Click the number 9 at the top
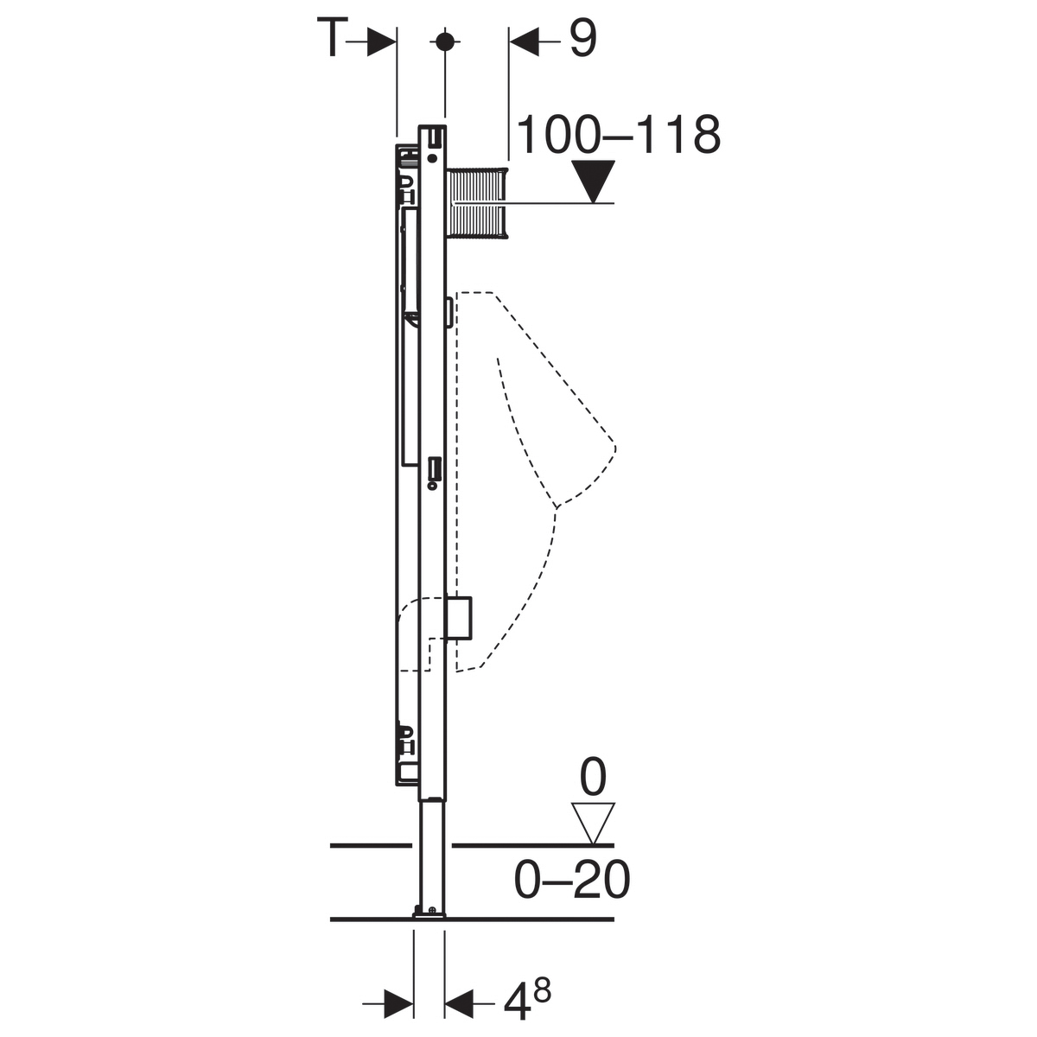click(x=582, y=38)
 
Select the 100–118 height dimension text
click(x=619, y=135)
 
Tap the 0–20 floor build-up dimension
click(x=572, y=880)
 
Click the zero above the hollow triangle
click(x=593, y=777)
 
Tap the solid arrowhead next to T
click(x=382, y=41)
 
